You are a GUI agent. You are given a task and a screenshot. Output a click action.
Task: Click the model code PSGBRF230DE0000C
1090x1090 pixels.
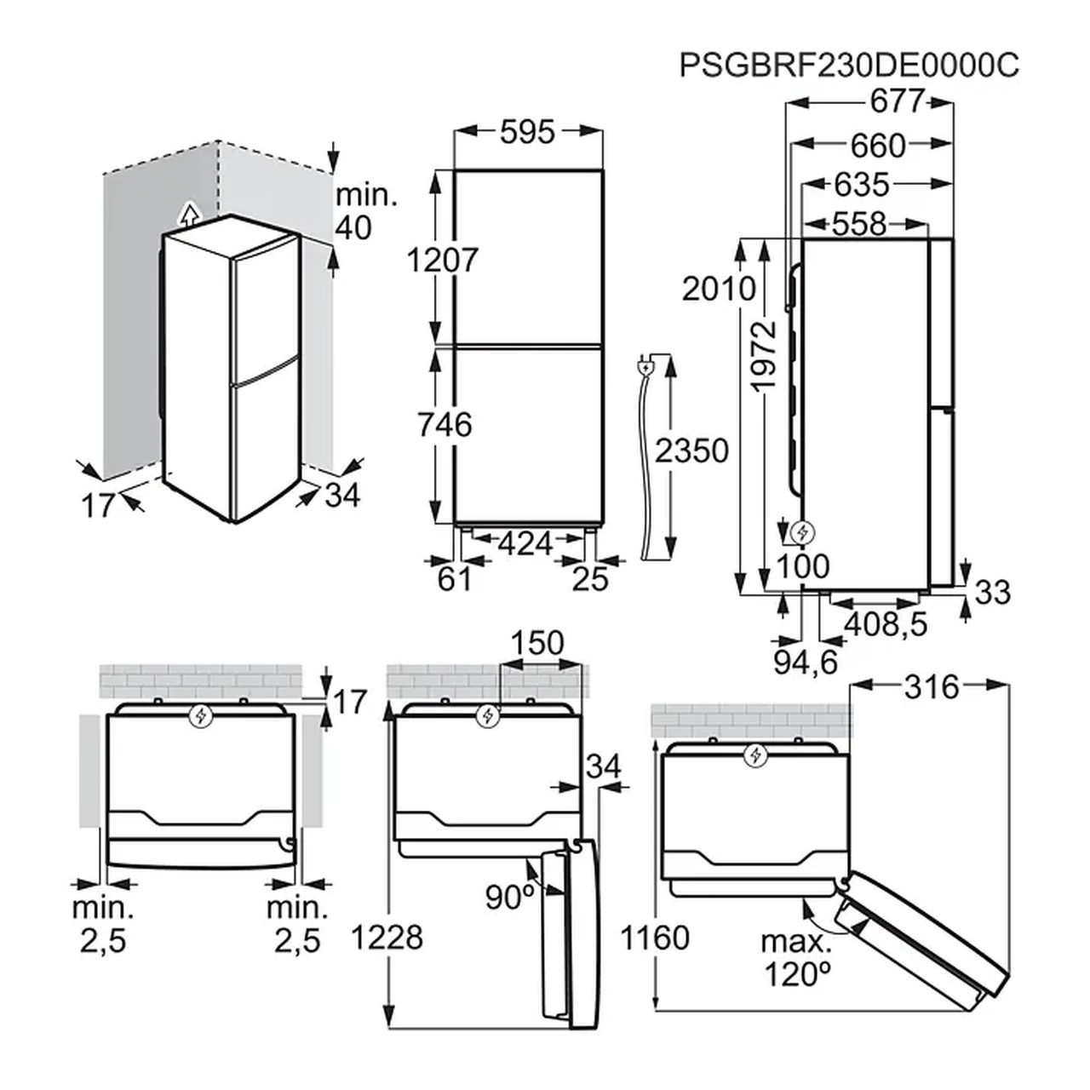(848, 66)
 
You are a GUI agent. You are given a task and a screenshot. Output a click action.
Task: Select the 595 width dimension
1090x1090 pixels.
(527, 132)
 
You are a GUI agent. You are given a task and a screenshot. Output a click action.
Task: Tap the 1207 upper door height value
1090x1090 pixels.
(442, 261)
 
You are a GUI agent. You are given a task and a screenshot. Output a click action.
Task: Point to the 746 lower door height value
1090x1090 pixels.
(445, 425)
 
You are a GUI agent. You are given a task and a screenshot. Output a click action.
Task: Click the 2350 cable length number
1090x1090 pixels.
(691, 450)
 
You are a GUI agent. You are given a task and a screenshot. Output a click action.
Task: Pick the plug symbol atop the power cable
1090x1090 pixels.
(645, 368)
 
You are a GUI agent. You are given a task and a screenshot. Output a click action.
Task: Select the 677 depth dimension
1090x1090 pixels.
(897, 102)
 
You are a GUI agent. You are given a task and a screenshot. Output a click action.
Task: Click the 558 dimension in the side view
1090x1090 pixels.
(859, 225)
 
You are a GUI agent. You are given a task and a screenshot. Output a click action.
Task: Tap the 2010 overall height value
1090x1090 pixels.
(719, 289)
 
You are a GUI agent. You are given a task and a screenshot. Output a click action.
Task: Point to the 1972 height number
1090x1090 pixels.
(764, 356)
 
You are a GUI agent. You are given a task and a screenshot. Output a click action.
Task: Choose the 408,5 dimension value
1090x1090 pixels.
(886, 624)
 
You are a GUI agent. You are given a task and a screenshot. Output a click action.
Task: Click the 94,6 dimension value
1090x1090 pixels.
(806, 663)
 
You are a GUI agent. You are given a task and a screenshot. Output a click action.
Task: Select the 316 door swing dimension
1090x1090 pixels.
(932, 688)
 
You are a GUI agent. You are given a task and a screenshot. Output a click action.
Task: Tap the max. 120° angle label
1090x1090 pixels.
(796, 958)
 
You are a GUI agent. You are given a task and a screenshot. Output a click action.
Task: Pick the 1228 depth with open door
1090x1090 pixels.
(387, 937)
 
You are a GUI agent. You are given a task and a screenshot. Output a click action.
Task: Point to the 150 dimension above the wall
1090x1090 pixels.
(537, 643)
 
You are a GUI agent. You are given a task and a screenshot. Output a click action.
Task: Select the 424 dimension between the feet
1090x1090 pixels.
(525, 543)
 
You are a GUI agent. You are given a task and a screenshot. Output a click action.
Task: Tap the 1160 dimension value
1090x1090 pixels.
(655, 938)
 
